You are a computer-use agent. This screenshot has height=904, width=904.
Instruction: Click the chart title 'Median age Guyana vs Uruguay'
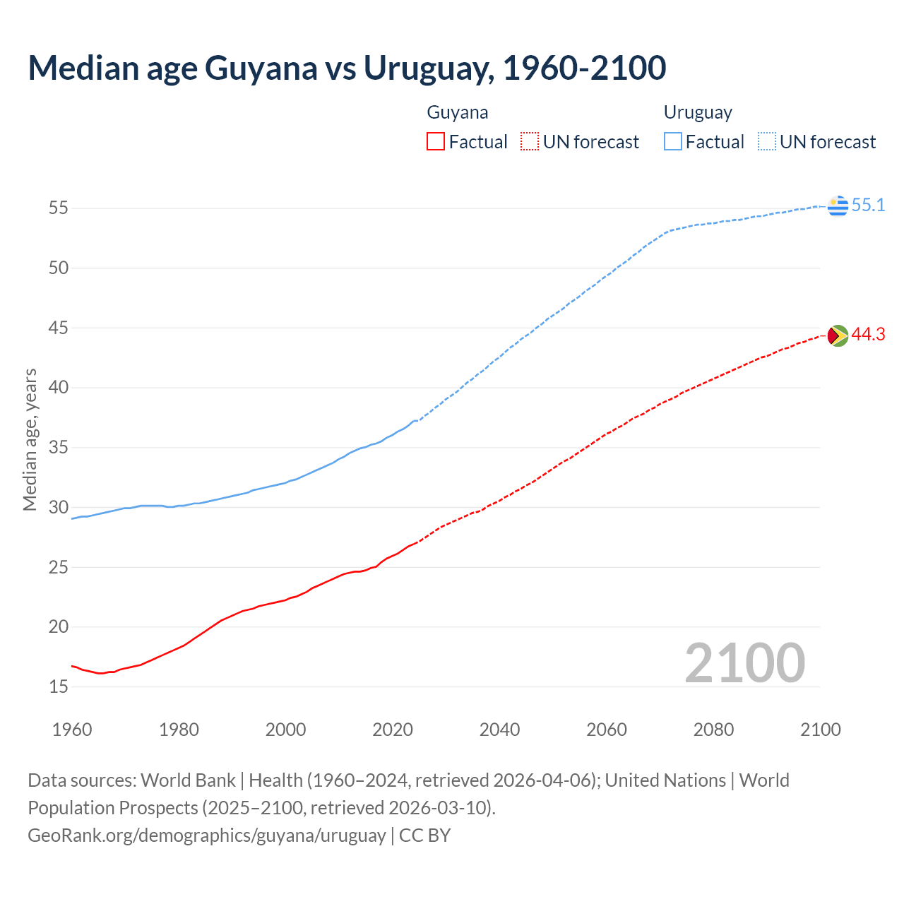coord(347,68)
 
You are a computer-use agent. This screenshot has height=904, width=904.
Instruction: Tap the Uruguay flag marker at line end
coord(838,206)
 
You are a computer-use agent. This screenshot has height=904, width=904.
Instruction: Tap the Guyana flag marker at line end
coord(838,335)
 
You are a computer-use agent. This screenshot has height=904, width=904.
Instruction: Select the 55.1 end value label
coord(868,206)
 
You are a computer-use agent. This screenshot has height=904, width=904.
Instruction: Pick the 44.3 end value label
coord(868,335)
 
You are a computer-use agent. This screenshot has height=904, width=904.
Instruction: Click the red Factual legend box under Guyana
coord(436,142)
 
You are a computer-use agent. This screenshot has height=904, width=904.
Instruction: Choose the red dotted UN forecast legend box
coord(530,142)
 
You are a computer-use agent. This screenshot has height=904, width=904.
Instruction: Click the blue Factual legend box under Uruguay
coord(673,142)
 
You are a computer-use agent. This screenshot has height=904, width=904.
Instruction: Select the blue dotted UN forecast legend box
coord(767,142)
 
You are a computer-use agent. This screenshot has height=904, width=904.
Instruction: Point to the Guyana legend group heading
coord(458,112)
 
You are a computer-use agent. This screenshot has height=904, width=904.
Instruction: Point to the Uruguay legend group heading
coord(698,112)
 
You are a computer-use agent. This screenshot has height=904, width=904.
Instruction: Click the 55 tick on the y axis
coord(59,208)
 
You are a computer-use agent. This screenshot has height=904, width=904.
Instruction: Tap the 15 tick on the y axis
coord(59,686)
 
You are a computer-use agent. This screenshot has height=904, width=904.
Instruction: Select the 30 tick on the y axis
coord(59,507)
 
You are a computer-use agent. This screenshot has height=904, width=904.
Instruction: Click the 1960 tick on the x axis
coord(72,730)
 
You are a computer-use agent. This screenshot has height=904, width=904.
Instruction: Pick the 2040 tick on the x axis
coord(499,730)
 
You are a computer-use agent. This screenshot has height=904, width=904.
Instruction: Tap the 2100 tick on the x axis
coord(820,730)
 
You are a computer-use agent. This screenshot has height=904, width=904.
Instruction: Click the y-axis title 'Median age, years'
coord(30,439)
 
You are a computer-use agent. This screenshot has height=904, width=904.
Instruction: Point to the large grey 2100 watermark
coord(744,663)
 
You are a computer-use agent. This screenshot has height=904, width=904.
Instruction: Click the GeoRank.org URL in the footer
coord(207,835)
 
